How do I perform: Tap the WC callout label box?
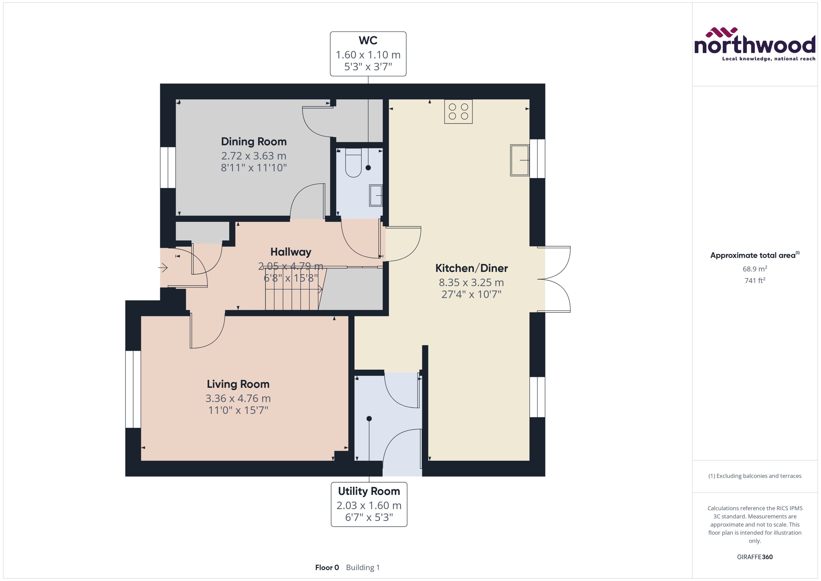368,54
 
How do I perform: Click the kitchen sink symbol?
519,160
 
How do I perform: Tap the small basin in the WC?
376,195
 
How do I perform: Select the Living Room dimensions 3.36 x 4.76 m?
238,398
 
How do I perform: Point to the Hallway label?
290,252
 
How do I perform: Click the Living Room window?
133,389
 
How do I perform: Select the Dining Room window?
168,167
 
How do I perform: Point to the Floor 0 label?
327,567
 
